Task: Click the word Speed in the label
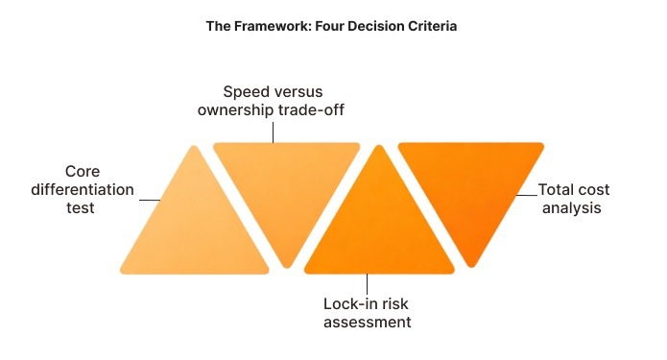(x=244, y=92)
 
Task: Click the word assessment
(x=367, y=323)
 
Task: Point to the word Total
(x=557, y=189)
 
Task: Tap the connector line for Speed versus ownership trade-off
(x=273, y=132)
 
